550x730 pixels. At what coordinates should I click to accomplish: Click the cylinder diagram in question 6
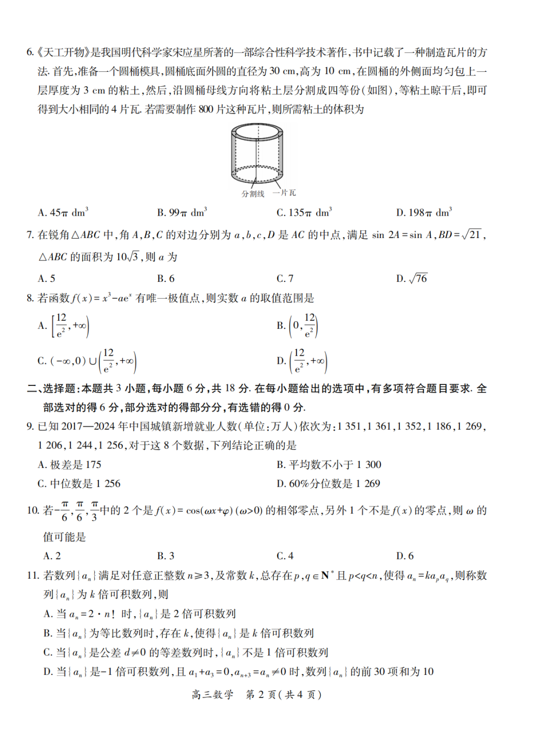(x=257, y=153)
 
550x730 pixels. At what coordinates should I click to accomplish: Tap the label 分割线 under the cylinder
(x=253, y=194)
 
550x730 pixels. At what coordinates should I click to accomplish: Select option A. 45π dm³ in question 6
(x=63, y=213)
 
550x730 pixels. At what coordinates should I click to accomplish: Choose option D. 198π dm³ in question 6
(x=424, y=213)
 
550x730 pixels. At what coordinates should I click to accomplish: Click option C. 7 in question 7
(x=285, y=278)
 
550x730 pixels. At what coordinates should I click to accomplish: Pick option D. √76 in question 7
(x=412, y=278)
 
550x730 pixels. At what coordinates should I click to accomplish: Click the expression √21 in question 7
(x=472, y=234)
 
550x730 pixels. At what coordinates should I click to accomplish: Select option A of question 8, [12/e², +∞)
(x=64, y=325)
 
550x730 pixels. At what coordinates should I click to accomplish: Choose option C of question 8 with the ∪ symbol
(x=87, y=361)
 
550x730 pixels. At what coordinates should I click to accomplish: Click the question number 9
(x=31, y=426)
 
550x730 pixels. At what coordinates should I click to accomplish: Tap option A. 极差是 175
(x=70, y=464)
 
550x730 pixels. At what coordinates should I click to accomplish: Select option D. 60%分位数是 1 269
(x=328, y=483)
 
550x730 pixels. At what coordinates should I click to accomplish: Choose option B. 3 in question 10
(x=166, y=556)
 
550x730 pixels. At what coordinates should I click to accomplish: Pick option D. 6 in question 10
(x=405, y=556)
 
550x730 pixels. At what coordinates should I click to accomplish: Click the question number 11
(x=33, y=576)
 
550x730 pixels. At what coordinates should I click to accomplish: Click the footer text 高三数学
(x=212, y=694)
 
